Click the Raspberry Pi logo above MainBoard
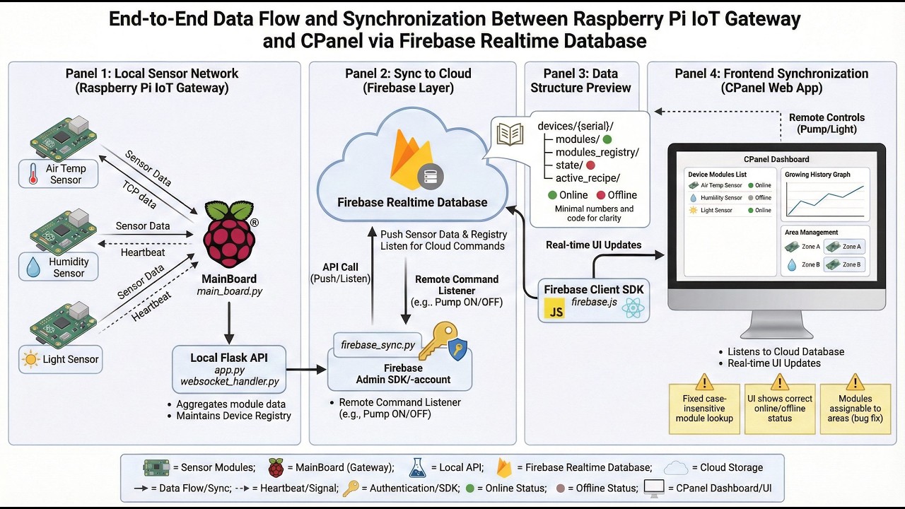[x=230, y=234]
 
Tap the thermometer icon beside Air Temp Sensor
[x=33, y=174]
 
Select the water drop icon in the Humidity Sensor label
[x=33, y=267]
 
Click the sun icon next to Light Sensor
[x=30, y=359]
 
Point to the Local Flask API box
[x=229, y=369]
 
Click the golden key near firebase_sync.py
[x=438, y=340]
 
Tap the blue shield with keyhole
[x=457, y=349]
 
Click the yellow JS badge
[x=554, y=309]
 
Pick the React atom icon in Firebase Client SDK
[x=633, y=308]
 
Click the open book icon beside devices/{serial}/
[x=510, y=134]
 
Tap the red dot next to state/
[x=590, y=165]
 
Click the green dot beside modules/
[x=607, y=139]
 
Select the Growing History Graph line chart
[x=825, y=199]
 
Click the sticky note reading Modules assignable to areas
[x=856, y=409]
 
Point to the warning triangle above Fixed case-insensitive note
[x=704, y=382]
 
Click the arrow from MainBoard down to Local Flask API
[x=229, y=323]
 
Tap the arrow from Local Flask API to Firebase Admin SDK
[x=306, y=369]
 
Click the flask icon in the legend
[x=417, y=468]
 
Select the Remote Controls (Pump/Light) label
[x=827, y=123]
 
